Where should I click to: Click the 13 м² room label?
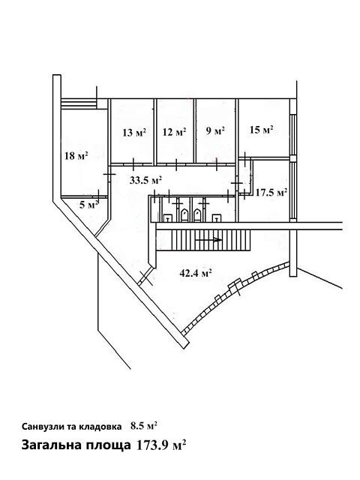pyautogui.click(x=134, y=133)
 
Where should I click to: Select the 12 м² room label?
pyautogui.click(x=175, y=132)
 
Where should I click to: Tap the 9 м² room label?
pyautogui.click(x=215, y=131)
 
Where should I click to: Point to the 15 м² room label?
pyautogui.click(x=262, y=130)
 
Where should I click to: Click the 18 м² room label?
pyautogui.click(x=76, y=156)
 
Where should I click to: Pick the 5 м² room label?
pyautogui.click(x=89, y=205)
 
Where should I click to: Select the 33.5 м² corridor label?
pyautogui.click(x=145, y=180)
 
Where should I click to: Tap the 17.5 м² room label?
pyautogui.click(x=271, y=193)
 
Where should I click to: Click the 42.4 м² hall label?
pyautogui.click(x=196, y=273)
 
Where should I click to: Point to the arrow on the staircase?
pyautogui.click(x=208, y=240)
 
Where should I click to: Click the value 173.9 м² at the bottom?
pyautogui.click(x=160, y=445)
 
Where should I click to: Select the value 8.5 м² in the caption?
pyautogui.click(x=144, y=426)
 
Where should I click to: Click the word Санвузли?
pyautogui.click(x=41, y=427)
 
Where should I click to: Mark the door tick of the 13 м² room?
pyautogui.click(x=133, y=164)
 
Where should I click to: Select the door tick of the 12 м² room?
pyautogui.click(x=176, y=165)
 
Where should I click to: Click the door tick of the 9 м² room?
pyautogui.click(x=217, y=163)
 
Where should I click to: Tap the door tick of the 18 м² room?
pyautogui.click(x=109, y=174)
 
